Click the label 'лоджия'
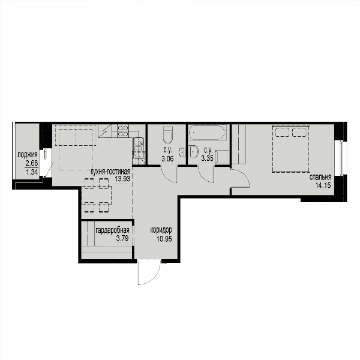point(28,155)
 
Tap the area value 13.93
point(122,179)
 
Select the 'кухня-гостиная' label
point(110,172)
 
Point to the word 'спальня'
point(320,177)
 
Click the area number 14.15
point(323,185)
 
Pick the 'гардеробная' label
point(113,230)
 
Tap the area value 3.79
point(122,238)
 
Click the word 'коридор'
point(161,230)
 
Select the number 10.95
point(164,239)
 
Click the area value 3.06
point(167,158)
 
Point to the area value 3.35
point(208,158)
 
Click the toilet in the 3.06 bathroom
point(168,134)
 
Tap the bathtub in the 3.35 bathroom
point(208,133)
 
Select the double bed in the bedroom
point(290,148)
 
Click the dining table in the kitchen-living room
point(97,196)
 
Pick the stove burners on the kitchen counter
point(123,131)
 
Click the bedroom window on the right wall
point(341,157)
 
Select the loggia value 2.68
point(32,163)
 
